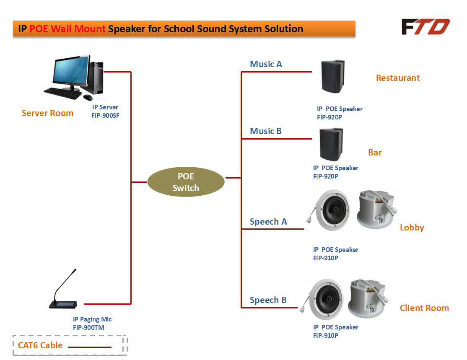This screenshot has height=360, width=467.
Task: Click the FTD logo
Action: [425, 27]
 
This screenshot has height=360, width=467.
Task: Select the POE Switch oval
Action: [186, 182]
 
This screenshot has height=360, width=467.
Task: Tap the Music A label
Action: [266, 64]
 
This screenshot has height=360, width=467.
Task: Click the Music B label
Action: [266, 131]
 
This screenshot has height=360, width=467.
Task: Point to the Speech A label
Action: [268, 222]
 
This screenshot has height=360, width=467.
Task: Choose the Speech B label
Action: [268, 300]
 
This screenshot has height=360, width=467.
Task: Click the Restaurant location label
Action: [397, 78]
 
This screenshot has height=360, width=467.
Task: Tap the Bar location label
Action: [375, 153]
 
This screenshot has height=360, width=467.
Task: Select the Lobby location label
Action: [412, 228]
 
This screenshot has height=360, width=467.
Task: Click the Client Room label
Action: [424, 308]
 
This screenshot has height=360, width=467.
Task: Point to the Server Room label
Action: [47, 113]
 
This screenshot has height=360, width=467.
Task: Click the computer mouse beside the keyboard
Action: [88, 97]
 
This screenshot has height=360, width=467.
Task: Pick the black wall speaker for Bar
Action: [332, 144]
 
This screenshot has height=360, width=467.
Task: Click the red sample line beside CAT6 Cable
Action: [90, 347]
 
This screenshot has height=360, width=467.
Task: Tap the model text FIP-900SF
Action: [105, 116]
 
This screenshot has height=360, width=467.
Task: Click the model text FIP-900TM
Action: [88, 328]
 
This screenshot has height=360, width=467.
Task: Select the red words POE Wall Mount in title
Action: [67, 29]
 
